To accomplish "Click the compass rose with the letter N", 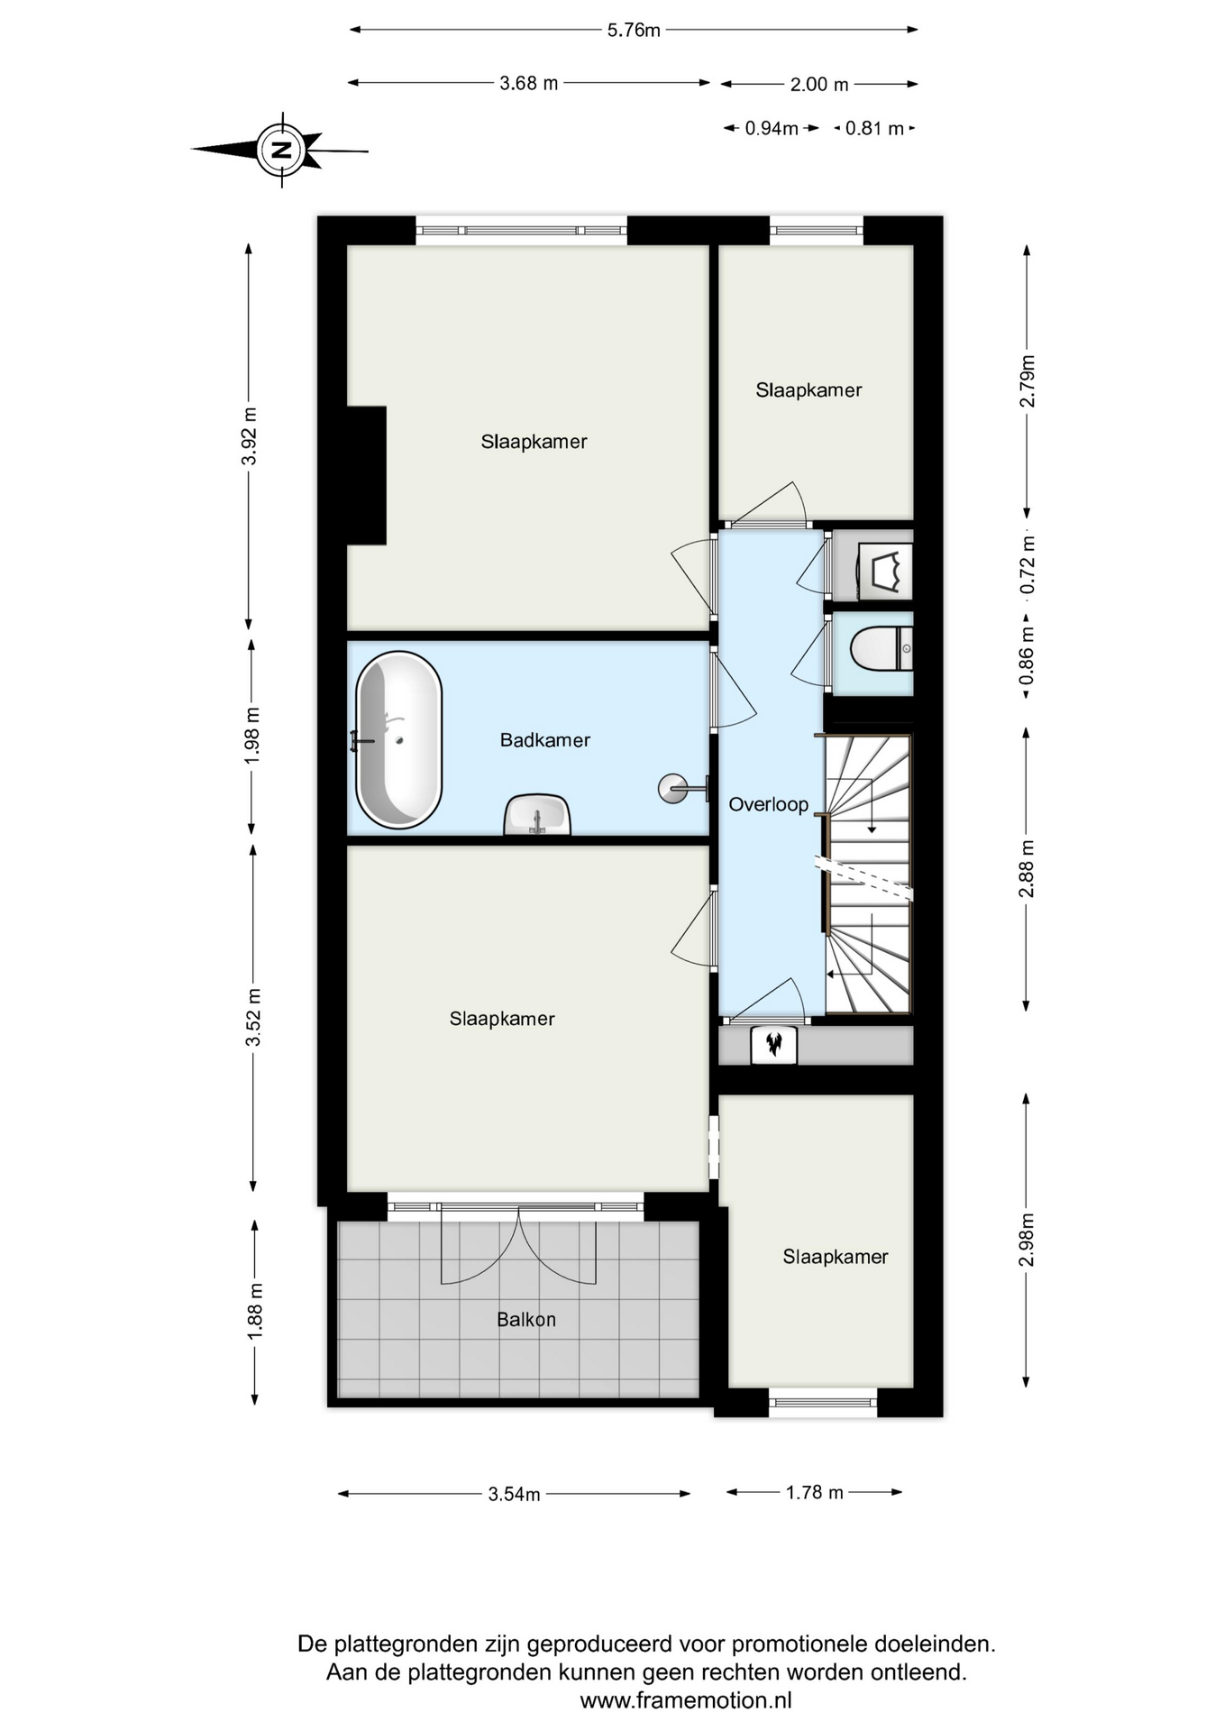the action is pos(282,150).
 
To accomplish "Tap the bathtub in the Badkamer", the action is pos(398,739).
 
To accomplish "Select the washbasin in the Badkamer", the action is pos(537,815).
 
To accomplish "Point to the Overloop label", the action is pos(768,804).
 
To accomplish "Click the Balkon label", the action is pos(526,1320).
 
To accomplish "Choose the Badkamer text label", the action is pos(545,740).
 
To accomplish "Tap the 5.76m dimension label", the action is pos(634,30).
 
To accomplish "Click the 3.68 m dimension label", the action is pos(529,83).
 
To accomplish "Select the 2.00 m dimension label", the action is pos(819,85).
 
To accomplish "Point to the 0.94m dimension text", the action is pos(772,128).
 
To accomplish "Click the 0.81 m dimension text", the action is pos(874,128).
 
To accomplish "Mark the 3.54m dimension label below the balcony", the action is pos(514,1494).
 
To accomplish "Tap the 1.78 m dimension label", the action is pos(815,1492).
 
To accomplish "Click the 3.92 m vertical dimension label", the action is pos(250,436).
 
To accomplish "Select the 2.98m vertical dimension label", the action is pos(1027,1240).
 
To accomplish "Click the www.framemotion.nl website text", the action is pos(686,1700).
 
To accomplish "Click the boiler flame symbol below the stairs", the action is pos(774,1045).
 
